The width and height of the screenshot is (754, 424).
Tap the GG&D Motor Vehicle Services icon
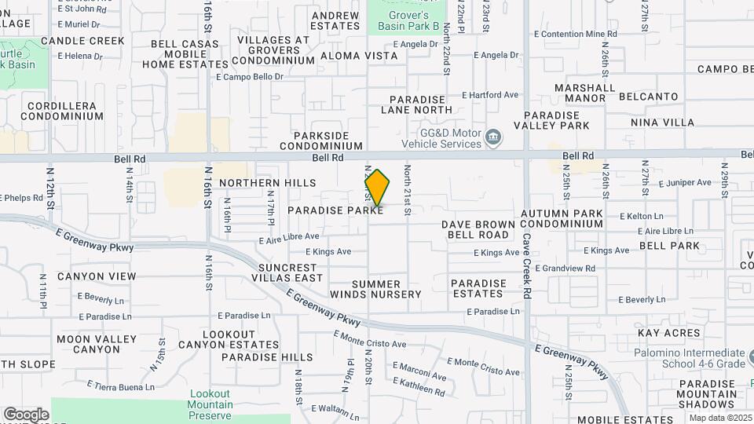pos(493,138)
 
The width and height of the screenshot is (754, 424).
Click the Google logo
pos(26,415)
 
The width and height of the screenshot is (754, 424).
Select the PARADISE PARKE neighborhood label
pos(335,210)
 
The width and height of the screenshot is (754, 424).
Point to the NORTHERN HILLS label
pos(260,183)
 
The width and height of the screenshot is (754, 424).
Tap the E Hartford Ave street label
pos(490,95)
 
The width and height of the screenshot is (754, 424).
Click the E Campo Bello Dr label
pos(249,77)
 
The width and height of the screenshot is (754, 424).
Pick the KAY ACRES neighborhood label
pos(669,334)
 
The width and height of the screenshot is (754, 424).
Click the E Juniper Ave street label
pos(685,183)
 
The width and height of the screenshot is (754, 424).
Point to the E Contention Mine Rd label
pos(580,35)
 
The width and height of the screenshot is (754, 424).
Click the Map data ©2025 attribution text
pos(720,418)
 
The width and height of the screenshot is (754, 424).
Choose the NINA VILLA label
pos(663,122)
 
